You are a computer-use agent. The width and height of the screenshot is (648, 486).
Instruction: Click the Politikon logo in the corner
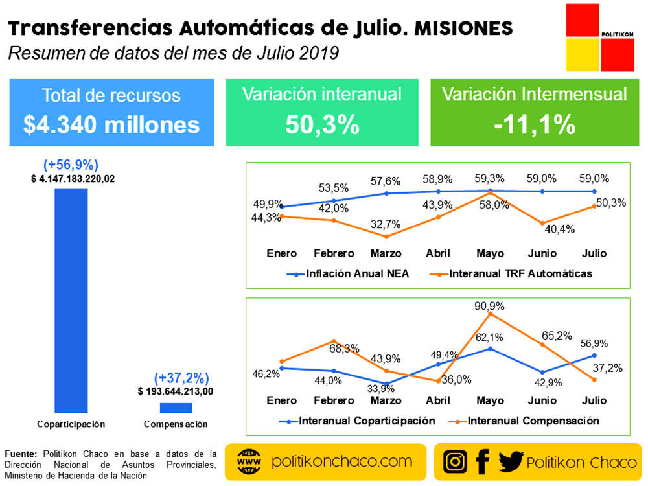tap(599, 38)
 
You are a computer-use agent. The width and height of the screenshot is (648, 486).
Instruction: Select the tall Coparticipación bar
tap(71, 300)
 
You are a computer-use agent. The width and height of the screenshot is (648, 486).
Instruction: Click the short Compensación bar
tap(176, 408)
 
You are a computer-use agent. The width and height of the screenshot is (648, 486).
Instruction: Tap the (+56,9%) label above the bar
tap(71, 165)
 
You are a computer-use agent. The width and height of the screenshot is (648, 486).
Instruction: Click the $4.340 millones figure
tap(111, 125)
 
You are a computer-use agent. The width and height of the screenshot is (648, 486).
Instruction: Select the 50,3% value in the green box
tap(322, 125)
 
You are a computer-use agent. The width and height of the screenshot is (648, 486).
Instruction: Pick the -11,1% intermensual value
tap(534, 125)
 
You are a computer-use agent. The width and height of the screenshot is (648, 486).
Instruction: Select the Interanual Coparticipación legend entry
tap(367, 421)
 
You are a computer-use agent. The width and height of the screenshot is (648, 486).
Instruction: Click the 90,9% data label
tap(490, 305)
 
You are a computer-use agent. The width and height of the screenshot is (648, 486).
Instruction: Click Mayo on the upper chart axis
tap(490, 253)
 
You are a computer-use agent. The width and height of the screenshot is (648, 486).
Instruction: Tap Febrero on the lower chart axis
tap(334, 400)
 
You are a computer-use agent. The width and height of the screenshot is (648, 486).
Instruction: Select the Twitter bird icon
tap(511, 461)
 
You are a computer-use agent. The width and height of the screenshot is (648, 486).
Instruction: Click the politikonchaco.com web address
tap(342, 461)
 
